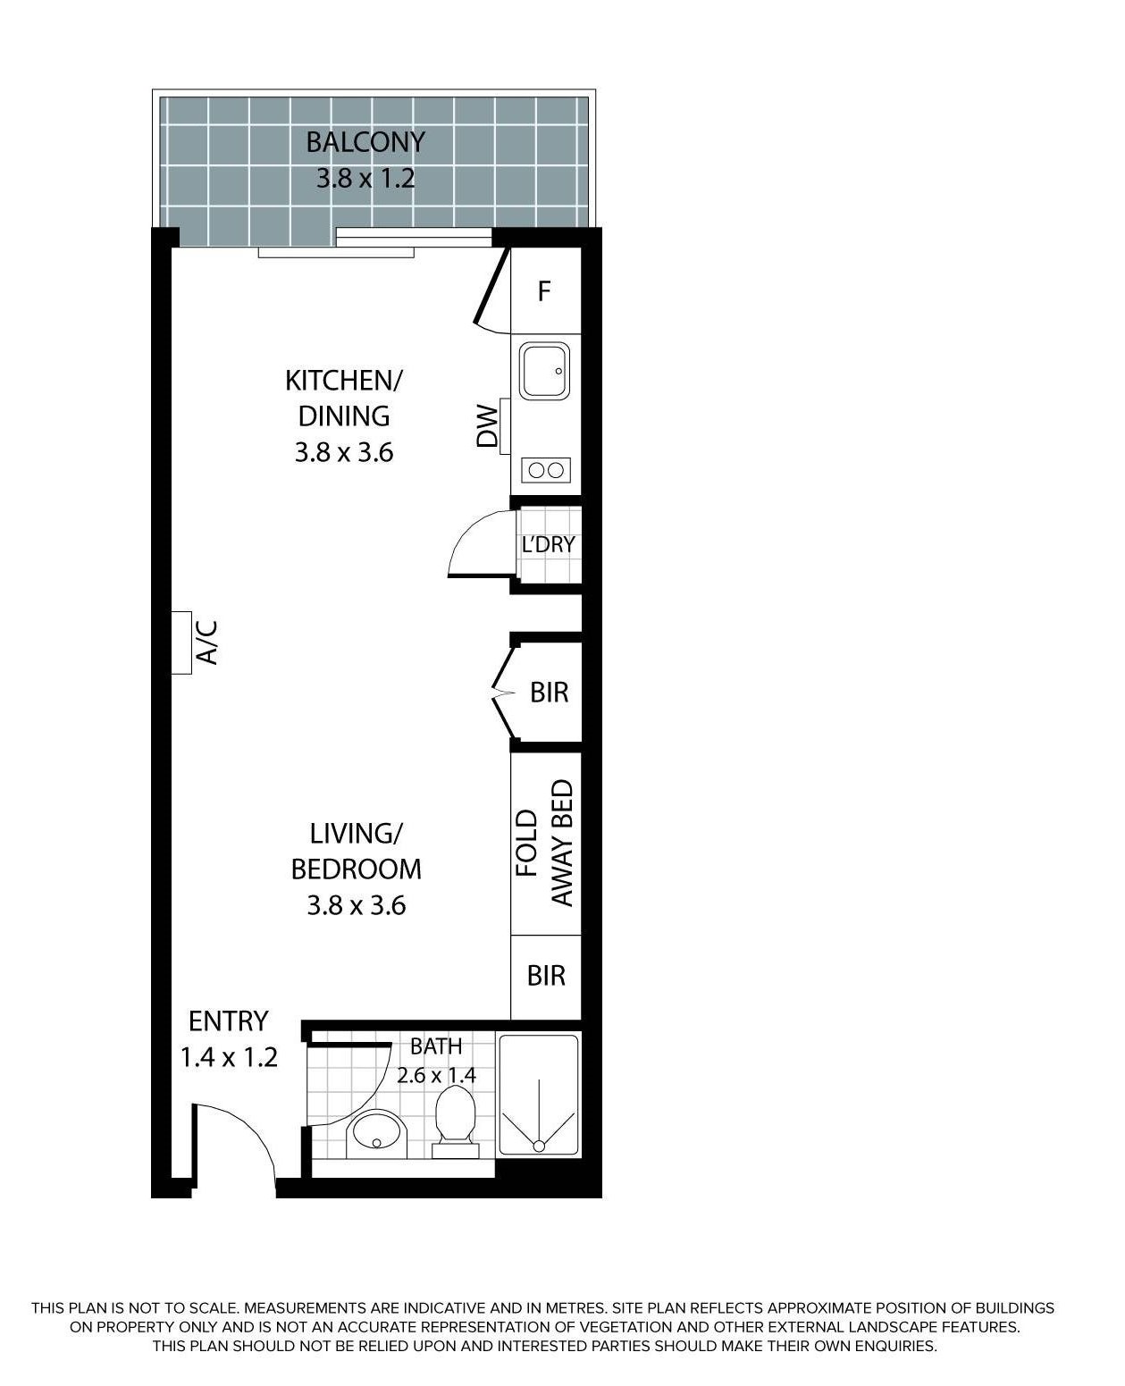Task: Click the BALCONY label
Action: click(365, 142)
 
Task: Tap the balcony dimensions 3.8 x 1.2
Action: click(365, 179)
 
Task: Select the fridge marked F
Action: click(544, 290)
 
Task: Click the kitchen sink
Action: click(544, 371)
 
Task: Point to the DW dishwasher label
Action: click(487, 426)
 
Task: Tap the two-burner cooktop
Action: click(546, 470)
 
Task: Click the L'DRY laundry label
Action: click(548, 544)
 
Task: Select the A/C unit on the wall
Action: click(181, 643)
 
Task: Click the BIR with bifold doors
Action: click(549, 693)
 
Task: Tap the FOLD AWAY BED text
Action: click(544, 843)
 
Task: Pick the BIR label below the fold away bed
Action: click(546, 976)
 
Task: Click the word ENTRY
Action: click(229, 1021)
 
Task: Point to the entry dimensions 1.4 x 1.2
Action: click(229, 1057)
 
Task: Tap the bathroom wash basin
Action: click(377, 1133)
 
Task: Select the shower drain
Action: click(539, 1146)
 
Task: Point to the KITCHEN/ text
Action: click(343, 381)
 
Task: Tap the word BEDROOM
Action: click(356, 869)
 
